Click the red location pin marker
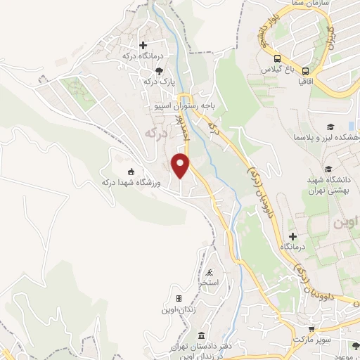181,165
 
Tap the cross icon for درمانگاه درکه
143,45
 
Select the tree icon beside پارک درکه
160,70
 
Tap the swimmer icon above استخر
210,273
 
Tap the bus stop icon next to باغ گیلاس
278,59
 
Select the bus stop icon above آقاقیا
307,70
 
